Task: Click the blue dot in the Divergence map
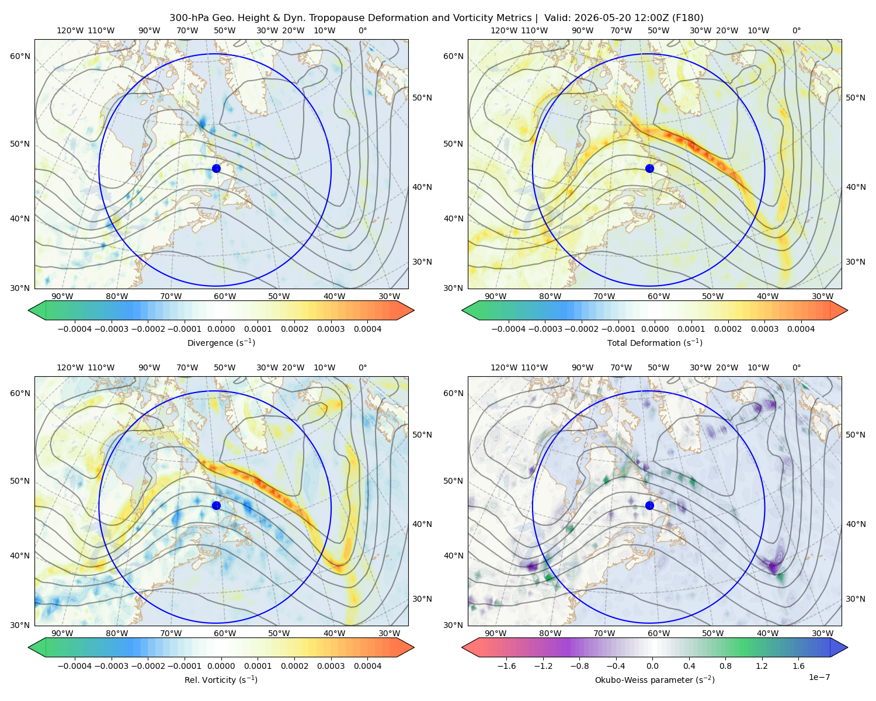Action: click(216, 168)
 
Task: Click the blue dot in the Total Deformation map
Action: click(649, 168)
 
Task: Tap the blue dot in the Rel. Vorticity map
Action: click(216, 505)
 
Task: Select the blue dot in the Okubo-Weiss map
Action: click(649, 505)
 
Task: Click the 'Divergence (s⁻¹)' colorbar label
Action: click(221, 342)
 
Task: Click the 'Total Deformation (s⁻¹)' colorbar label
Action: click(655, 342)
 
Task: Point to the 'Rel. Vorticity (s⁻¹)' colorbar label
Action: click(221, 679)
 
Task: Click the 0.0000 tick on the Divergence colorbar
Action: click(221, 329)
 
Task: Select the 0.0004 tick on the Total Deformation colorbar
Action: click(801, 329)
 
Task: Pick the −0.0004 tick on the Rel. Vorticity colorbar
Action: click(75, 665)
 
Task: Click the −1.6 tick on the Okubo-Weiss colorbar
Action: click(506, 665)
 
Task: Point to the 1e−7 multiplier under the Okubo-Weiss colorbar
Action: click(819, 677)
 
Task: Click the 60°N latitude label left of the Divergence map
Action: click(20, 56)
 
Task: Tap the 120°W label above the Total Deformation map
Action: click(503, 30)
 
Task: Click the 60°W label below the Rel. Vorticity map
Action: click(225, 633)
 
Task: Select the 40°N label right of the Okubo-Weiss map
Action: click(856, 524)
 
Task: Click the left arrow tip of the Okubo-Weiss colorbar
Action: click(462, 647)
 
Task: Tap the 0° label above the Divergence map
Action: click(363, 30)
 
